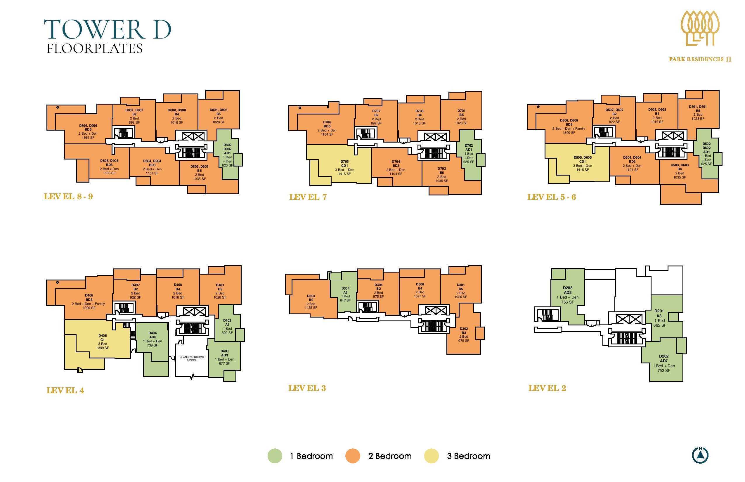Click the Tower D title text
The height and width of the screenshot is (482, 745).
click(x=108, y=30)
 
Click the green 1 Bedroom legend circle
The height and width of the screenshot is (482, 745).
click(x=275, y=456)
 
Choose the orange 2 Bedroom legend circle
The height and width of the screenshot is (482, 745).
click(x=353, y=456)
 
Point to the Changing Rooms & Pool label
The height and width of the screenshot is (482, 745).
click(x=192, y=358)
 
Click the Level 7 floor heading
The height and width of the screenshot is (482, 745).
click(x=308, y=197)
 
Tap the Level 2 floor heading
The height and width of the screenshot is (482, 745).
click(x=547, y=388)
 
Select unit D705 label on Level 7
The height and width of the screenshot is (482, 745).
click(x=344, y=162)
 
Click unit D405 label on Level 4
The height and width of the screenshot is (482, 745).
click(x=103, y=336)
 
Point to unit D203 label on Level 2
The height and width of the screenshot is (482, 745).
click(x=567, y=288)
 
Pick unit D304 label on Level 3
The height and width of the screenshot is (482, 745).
click(x=346, y=288)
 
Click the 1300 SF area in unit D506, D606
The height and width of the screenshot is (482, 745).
click(x=569, y=133)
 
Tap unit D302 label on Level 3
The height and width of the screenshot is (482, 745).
click(x=464, y=329)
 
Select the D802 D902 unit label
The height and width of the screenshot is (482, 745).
click(x=228, y=147)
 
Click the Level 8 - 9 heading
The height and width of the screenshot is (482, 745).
click(x=68, y=196)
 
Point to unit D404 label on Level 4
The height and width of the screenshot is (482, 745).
click(x=153, y=333)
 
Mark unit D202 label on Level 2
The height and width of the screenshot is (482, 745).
click(x=663, y=356)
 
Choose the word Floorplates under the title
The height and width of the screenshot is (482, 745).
click(x=95, y=48)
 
